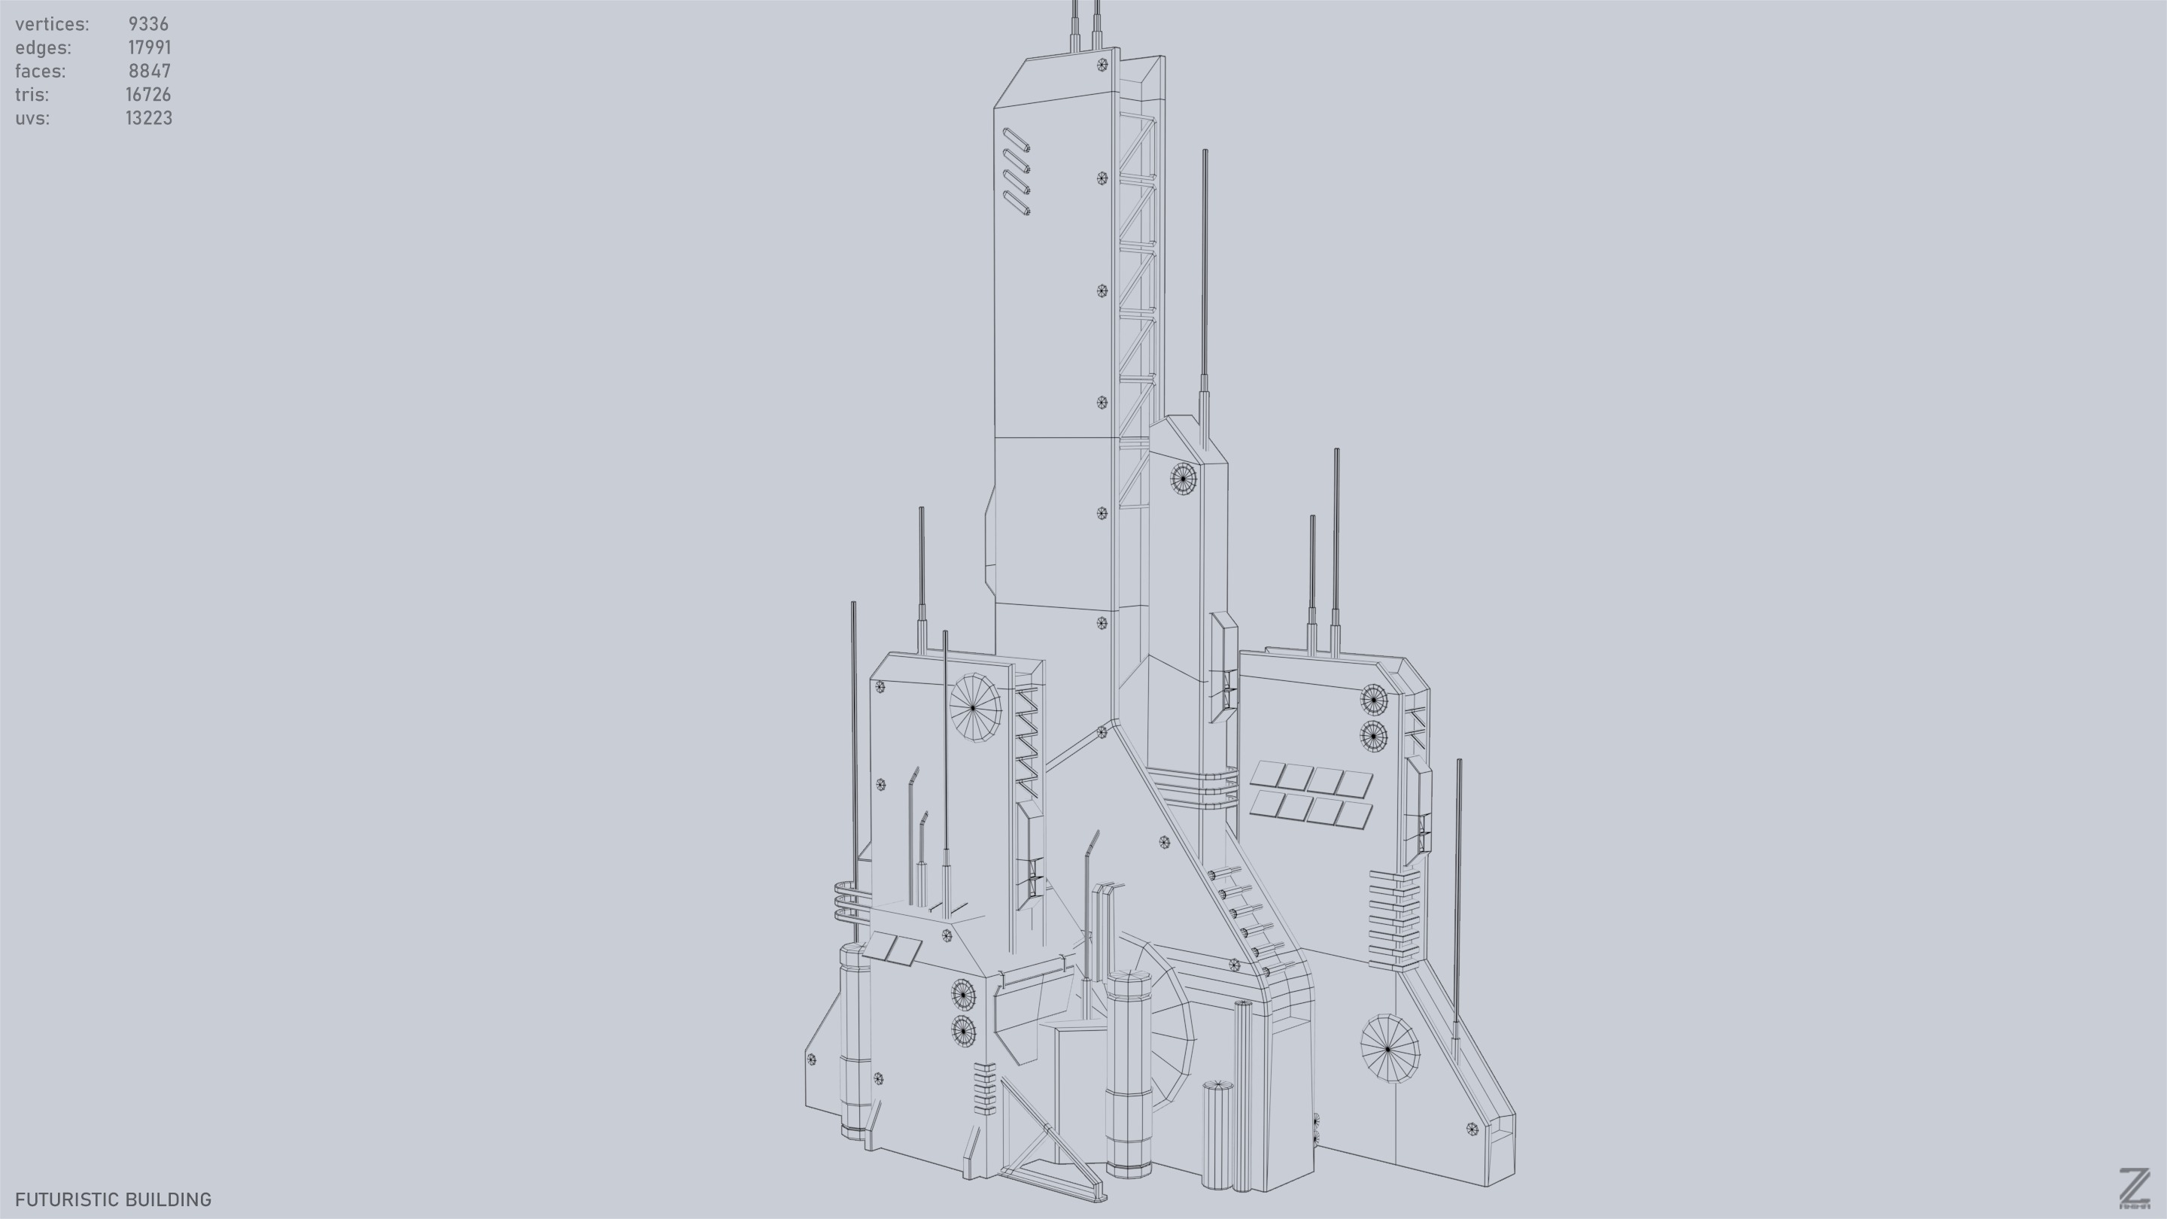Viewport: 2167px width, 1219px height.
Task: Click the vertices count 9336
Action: click(148, 24)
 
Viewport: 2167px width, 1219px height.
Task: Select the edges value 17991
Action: click(149, 48)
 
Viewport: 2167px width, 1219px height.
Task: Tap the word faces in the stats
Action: click(40, 71)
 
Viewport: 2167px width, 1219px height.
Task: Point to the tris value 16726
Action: click(148, 95)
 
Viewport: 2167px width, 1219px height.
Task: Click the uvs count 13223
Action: click(149, 119)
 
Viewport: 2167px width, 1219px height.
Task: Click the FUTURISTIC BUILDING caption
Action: click(113, 1199)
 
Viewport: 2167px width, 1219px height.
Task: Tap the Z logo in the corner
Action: click(2133, 1188)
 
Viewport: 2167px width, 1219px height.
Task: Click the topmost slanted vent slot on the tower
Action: click(1017, 140)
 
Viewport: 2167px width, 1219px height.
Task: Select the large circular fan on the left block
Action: click(974, 707)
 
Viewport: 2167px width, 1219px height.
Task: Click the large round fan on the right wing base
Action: click(1389, 1048)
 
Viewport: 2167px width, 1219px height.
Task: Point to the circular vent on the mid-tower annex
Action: click(1183, 479)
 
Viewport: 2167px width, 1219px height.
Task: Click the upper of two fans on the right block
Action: click(1373, 698)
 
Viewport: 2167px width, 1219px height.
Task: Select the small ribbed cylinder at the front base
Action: click(1217, 1135)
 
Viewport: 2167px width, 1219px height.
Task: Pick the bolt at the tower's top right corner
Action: click(1102, 65)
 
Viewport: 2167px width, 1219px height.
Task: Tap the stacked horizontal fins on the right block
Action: click(1393, 919)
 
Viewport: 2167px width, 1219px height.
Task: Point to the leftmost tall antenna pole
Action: click(854, 757)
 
